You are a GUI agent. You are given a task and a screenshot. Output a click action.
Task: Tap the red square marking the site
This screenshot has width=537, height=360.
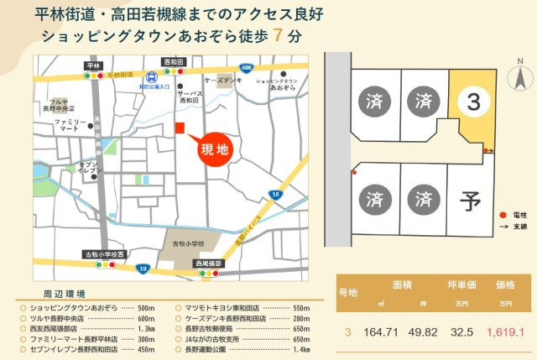pyautogui.click(x=179, y=127)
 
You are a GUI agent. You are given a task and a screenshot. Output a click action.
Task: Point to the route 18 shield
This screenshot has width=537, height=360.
pyautogui.click(x=275, y=195)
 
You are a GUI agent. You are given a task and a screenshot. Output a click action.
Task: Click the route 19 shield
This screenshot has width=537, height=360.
pyautogui.click(x=144, y=269)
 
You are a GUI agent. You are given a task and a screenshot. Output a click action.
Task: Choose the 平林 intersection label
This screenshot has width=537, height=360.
pyautogui.click(x=93, y=65)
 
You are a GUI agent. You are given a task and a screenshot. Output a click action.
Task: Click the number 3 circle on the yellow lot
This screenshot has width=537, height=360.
pyautogui.click(x=473, y=102)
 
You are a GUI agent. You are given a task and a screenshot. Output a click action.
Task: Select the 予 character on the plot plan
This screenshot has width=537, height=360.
pyautogui.click(x=470, y=201)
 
